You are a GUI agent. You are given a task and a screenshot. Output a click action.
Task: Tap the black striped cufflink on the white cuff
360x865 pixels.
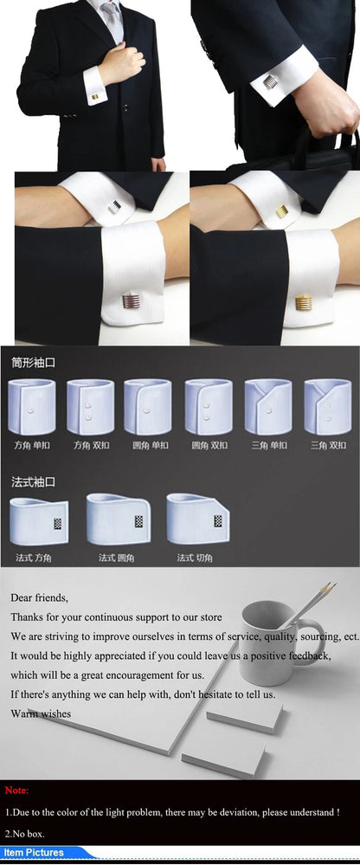tap(115, 207)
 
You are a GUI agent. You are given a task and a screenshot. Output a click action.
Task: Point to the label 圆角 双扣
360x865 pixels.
tap(209, 445)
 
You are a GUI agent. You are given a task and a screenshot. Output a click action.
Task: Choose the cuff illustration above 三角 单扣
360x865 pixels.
tap(268, 406)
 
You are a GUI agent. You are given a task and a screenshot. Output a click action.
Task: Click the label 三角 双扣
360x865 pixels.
tap(328, 445)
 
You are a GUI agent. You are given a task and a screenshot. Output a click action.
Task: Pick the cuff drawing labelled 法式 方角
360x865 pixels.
tap(38, 519)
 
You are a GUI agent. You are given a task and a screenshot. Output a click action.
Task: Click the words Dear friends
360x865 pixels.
tap(39, 597)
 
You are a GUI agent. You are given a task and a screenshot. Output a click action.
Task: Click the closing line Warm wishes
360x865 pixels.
tap(41, 713)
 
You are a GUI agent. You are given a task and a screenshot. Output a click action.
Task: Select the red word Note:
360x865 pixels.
tap(17, 791)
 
